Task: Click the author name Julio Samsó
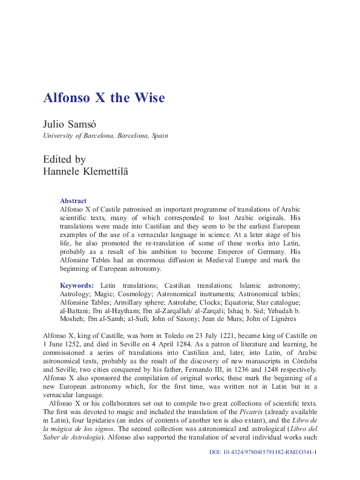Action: pos(68,124)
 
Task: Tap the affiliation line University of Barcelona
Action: pos(105,135)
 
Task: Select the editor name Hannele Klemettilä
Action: pos(87,172)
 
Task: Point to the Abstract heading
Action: pos(73,201)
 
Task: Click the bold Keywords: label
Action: pos(77,285)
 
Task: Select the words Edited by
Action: pos(64,160)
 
